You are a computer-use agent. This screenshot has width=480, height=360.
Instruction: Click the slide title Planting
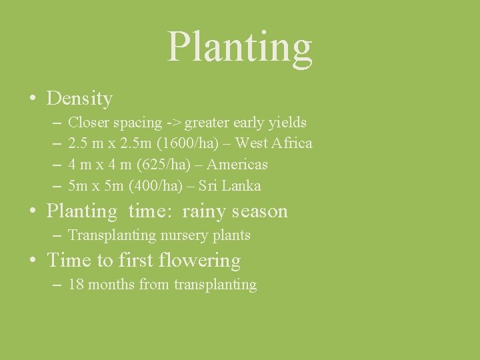239,46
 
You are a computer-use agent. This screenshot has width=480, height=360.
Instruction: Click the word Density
79,99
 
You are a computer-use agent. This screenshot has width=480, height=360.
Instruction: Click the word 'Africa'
291,143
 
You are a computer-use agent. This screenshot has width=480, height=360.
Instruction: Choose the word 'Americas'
237,164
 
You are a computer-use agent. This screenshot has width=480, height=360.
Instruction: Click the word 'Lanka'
242,185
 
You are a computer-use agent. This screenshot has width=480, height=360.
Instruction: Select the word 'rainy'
205,211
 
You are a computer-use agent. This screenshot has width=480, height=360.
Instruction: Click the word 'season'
261,211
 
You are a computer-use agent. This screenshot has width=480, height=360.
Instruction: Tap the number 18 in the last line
76,285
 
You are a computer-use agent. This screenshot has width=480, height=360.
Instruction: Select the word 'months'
110,285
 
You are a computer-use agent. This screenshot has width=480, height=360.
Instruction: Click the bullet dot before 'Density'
32,99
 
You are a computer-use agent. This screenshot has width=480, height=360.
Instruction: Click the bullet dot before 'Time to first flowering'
32,261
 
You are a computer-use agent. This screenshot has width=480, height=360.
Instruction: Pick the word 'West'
252,143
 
